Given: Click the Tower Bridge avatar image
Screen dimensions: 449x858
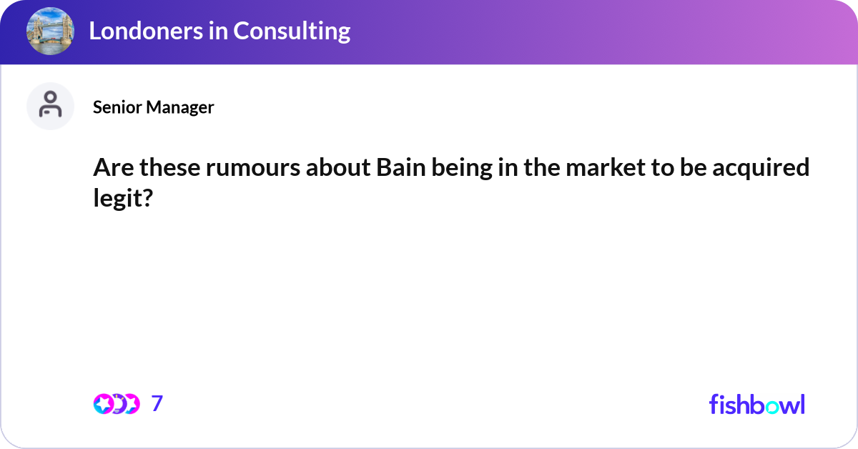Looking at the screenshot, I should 50,31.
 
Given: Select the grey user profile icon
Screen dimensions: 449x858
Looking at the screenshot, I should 50,106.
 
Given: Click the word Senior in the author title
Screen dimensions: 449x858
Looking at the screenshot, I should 118,107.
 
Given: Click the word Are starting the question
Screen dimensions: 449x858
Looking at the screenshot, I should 114,168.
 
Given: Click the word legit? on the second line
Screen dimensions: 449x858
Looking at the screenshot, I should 123,199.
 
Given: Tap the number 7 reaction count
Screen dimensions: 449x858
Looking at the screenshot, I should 157,403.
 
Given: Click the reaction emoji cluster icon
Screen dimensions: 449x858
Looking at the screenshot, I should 116,403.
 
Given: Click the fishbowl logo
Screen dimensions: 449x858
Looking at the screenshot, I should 756,404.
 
